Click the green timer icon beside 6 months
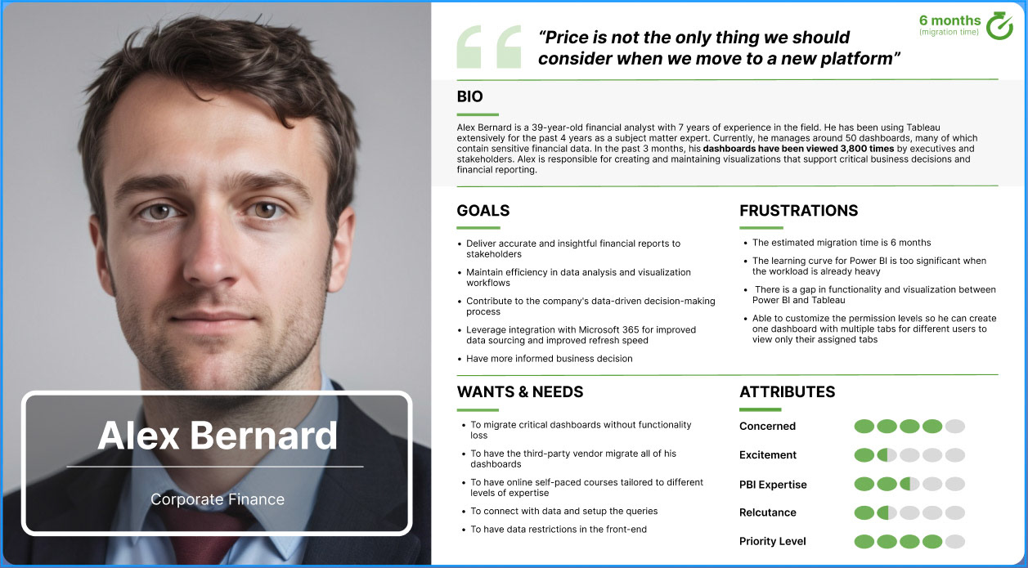[x=999, y=26]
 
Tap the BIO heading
[x=469, y=96]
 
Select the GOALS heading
[x=483, y=210]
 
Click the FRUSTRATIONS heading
[x=798, y=210]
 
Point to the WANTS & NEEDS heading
[x=520, y=392]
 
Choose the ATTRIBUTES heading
[x=787, y=392]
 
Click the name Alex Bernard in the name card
[x=218, y=435]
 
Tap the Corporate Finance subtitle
[x=218, y=499]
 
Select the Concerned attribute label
[x=767, y=427]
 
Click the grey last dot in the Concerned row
[x=955, y=427]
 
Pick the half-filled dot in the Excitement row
[x=887, y=455]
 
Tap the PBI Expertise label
[x=773, y=485]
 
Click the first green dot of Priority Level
[x=864, y=541]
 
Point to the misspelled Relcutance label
[x=767, y=512]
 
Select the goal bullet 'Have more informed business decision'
[x=550, y=359]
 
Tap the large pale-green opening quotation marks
[x=489, y=47]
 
